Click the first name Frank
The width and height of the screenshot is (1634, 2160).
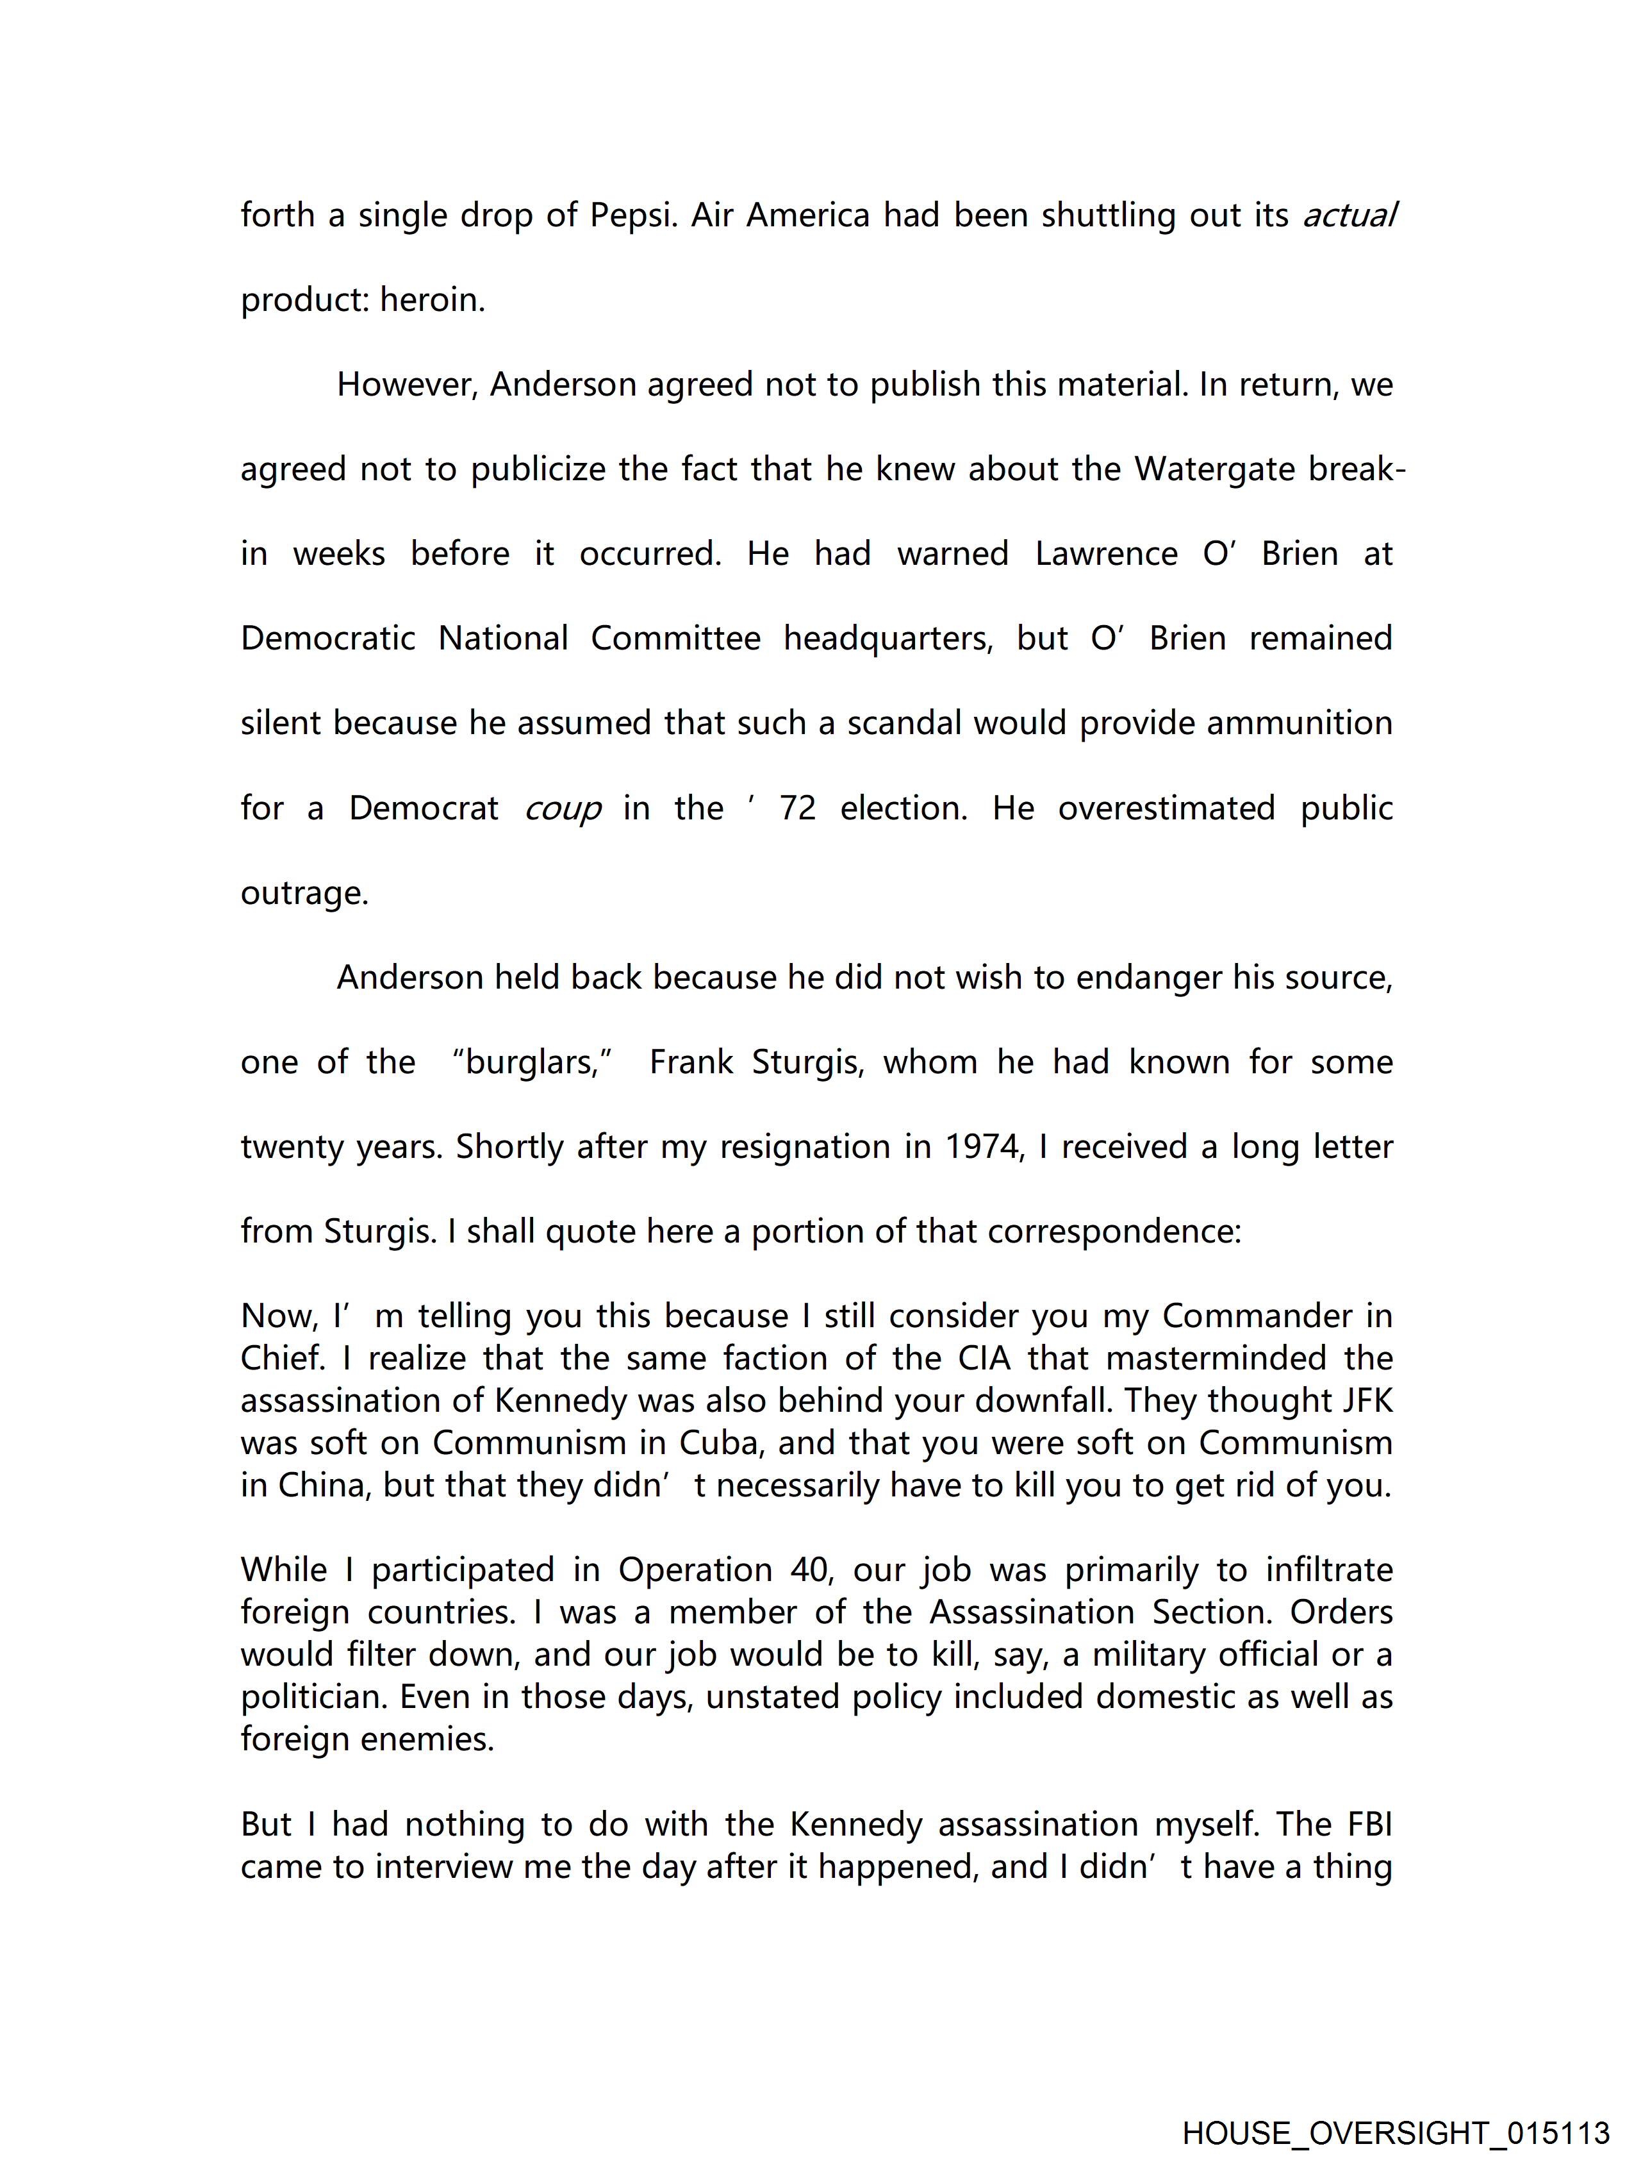(x=691, y=1062)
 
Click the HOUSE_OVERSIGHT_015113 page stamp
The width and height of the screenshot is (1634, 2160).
(x=1395, y=2132)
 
